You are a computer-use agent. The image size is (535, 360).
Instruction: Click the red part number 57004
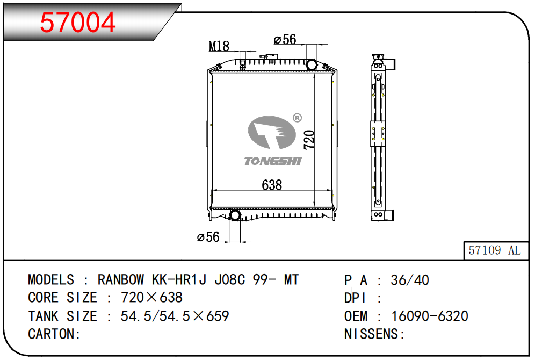(x=78, y=22)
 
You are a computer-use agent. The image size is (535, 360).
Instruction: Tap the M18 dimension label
(x=219, y=46)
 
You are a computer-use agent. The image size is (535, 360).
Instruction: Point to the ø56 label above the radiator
(x=285, y=39)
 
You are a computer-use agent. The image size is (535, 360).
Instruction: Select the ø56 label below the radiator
(x=208, y=237)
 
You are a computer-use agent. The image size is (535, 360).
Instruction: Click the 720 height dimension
(x=309, y=140)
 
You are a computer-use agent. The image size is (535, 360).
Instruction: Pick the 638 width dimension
(x=272, y=185)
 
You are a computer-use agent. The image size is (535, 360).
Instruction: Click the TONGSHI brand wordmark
(x=273, y=161)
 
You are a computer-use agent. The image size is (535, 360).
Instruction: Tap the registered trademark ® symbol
(x=297, y=118)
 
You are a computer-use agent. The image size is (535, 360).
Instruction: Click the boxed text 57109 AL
(x=495, y=250)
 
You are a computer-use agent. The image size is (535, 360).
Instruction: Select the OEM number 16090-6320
(x=430, y=316)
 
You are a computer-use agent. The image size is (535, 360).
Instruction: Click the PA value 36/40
(x=410, y=280)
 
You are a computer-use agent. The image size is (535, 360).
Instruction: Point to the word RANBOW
(x=121, y=280)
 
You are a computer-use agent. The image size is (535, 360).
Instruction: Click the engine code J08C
(x=229, y=280)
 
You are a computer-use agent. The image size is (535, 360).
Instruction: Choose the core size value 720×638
(x=152, y=298)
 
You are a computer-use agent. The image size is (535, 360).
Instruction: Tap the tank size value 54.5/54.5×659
(x=175, y=316)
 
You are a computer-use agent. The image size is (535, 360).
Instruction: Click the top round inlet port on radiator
(x=311, y=65)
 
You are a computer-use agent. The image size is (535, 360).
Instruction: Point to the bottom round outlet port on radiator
(x=235, y=215)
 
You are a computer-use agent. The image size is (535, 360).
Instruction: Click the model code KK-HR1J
(x=179, y=280)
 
